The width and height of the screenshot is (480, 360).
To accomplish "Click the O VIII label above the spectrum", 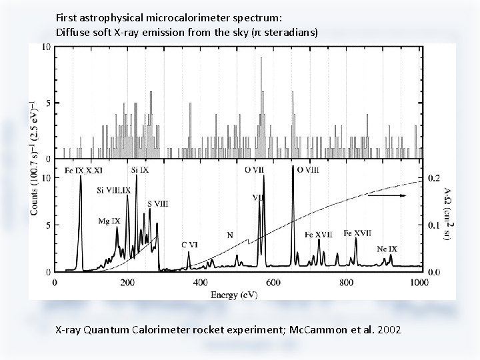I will click(307, 170).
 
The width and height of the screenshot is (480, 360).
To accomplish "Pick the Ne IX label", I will click(387, 249).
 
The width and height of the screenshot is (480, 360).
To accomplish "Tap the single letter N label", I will click(230, 235).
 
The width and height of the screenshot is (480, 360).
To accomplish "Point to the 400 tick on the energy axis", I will click(200, 282).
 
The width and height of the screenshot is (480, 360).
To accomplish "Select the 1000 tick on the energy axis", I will click(418, 282).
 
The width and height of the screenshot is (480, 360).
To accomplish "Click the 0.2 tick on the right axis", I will click(433, 179).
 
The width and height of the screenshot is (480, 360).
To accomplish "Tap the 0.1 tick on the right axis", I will click(433, 226).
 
